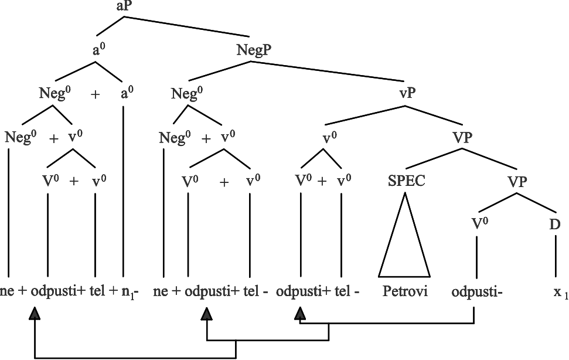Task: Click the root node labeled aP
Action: (x=124, y=6)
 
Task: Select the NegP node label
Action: (x=254, y=50)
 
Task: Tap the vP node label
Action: (x=407, y=93)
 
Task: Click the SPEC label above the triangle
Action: (x=407, y=181)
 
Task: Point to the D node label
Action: (x=555, y=225)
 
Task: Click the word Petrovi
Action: (x=405, y=291)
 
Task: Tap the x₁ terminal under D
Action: (x=560, y=292)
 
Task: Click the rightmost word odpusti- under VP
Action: (x=477, y=291)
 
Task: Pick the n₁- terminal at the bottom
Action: (x=130, y=292)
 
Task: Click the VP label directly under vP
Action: (x=462, y=138)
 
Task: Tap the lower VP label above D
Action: (x=517, y=181)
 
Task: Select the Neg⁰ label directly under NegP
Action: (x=187, y=93)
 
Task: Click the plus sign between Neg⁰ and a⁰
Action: (x=95, y=94)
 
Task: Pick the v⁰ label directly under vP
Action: (x=330, y=138)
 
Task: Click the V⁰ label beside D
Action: (x=480, y=224)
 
